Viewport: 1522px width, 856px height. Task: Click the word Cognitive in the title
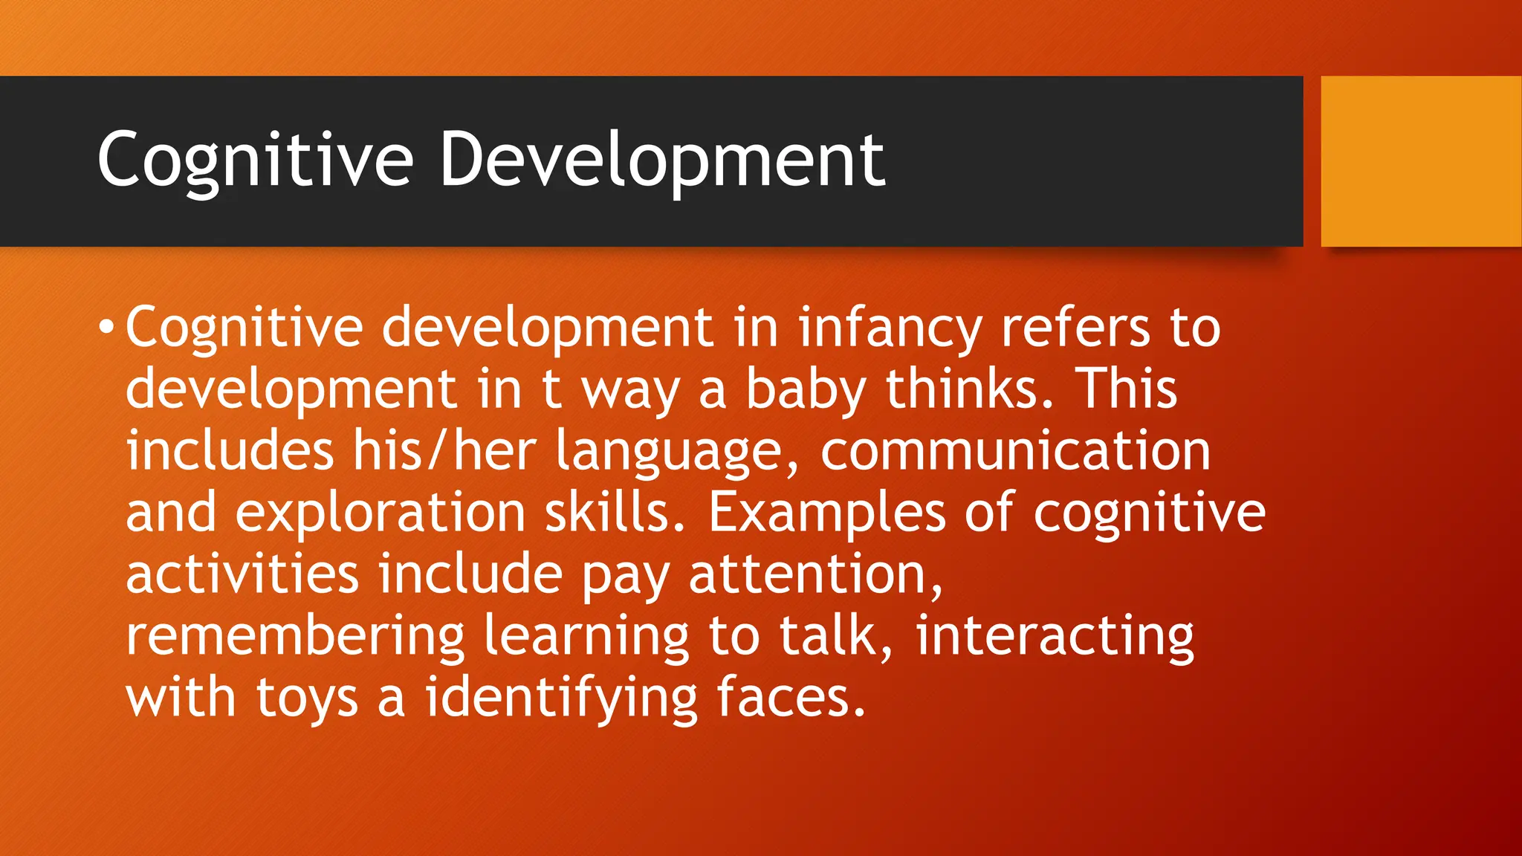tap(255, 160)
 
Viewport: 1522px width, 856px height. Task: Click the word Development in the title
tap(661, 160)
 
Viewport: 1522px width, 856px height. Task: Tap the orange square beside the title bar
tap(1421, 161)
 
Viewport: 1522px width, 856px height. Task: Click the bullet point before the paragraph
tap(107, 328)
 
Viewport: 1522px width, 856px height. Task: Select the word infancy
tap(890, 328)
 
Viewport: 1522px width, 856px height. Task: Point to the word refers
tap(1075, 328)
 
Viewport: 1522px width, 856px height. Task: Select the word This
tap(1127, 389)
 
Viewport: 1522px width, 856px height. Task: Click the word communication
tap(1015, 451)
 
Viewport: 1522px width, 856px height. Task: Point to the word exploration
tap(380, 513)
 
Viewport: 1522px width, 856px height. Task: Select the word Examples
tap(826, 513)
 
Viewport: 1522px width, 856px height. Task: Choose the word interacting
tap(1054, 637)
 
